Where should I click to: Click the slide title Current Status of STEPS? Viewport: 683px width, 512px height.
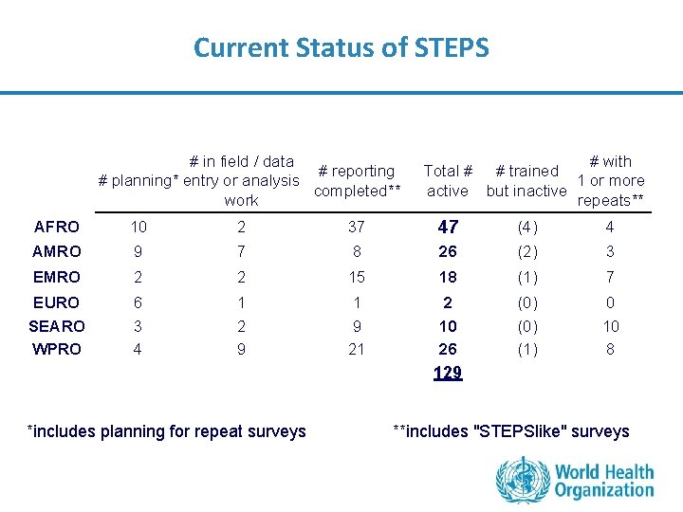pos(341,47)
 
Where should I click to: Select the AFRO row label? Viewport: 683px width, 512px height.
pos(57,227)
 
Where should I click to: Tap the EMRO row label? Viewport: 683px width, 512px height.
pos(57,277)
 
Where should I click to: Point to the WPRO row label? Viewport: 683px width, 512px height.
pos(57,349)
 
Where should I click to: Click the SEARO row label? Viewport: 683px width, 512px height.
pos(57,326)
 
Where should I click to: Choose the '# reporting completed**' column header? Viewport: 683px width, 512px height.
pos(358,180)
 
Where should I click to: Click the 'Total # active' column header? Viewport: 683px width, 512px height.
pos(448,180)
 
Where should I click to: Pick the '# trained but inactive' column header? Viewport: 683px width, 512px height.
pos(526,180)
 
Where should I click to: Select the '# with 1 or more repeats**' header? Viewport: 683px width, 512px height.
pos(610,180)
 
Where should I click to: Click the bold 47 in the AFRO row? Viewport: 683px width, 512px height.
pos(448,227)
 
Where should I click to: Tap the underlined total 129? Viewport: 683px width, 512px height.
pos(448,374)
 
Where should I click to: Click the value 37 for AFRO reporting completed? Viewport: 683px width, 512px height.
pos(357,227)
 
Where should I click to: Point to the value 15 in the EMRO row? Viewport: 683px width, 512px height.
pos(357,277)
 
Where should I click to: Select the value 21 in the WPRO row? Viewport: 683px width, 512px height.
pos(357,349)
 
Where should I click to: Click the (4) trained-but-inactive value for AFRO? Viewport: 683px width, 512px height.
pos(527,227)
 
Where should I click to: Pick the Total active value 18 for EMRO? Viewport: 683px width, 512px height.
pos(448,277)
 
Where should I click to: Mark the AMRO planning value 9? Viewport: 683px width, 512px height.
pos(138,251)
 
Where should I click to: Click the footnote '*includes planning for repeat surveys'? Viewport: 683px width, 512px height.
pos(167,431)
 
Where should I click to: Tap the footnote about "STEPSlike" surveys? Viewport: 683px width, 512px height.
pos(510,431)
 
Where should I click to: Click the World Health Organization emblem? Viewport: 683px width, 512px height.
pos(523,479)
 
